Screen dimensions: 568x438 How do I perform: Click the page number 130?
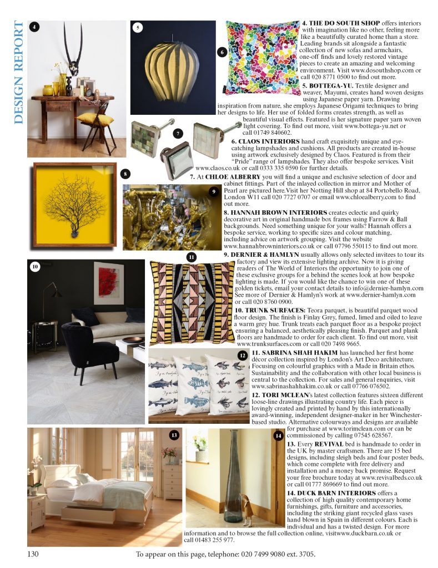(34, 554)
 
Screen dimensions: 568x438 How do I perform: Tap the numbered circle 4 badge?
(34, 27)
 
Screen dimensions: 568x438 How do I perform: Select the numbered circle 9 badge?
(214, 191)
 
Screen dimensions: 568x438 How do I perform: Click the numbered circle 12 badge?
(242, 355)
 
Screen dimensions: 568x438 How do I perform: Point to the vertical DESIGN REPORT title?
(19, 73)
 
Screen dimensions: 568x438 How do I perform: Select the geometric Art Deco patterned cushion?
(192, 303)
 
